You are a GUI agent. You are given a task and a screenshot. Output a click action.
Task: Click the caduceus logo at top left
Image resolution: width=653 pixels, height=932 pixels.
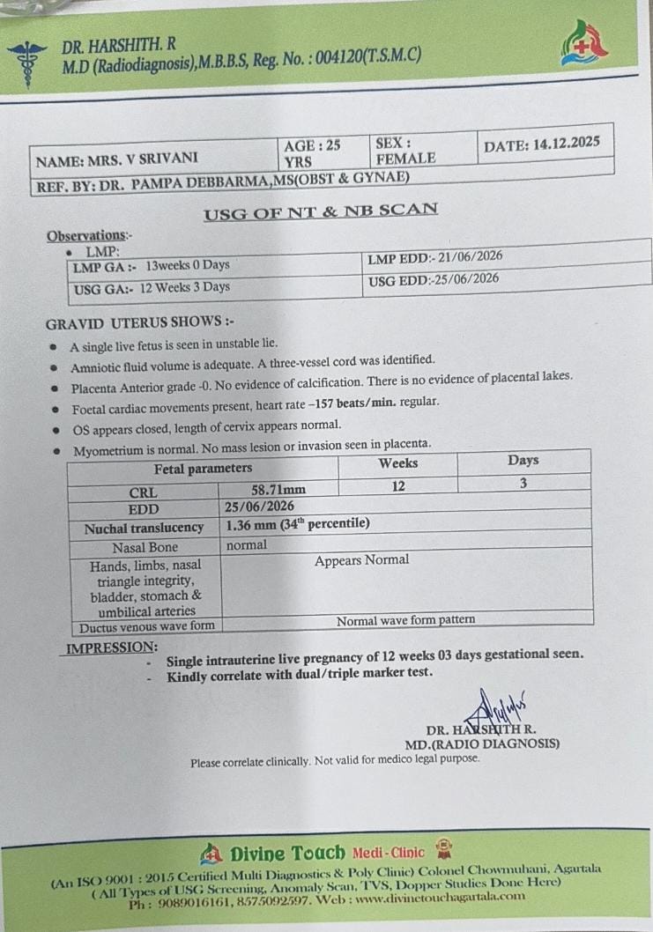28,63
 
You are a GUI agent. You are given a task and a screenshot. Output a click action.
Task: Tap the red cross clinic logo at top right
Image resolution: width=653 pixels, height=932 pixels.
584,44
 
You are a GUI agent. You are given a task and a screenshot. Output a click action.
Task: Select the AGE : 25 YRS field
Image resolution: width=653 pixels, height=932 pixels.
313,152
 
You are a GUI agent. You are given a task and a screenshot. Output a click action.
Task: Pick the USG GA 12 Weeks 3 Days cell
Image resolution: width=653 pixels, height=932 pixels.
152,287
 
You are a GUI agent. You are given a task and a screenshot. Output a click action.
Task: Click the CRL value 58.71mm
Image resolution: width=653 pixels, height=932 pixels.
278,489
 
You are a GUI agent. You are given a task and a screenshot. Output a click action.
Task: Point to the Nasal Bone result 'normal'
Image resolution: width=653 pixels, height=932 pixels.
246,545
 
